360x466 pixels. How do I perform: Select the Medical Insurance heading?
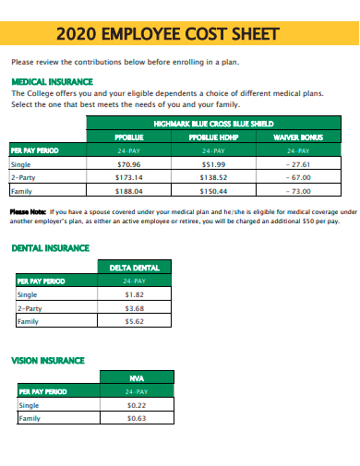tap(48, 81)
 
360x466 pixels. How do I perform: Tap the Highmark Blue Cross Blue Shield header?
tap(213, 124)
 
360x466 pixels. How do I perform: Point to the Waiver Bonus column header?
tap(297, 137)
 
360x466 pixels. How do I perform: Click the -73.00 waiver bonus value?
tap(298, 191)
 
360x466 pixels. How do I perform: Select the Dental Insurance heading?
tap(50, 248)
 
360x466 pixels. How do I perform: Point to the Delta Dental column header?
tap(134, 268)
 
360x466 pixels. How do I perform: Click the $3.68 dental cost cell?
tap(134, 307)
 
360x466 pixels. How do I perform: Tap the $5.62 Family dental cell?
tap(134, 321)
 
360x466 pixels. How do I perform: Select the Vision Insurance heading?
tap(47, 360)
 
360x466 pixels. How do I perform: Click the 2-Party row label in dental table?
tap(30, 307)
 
